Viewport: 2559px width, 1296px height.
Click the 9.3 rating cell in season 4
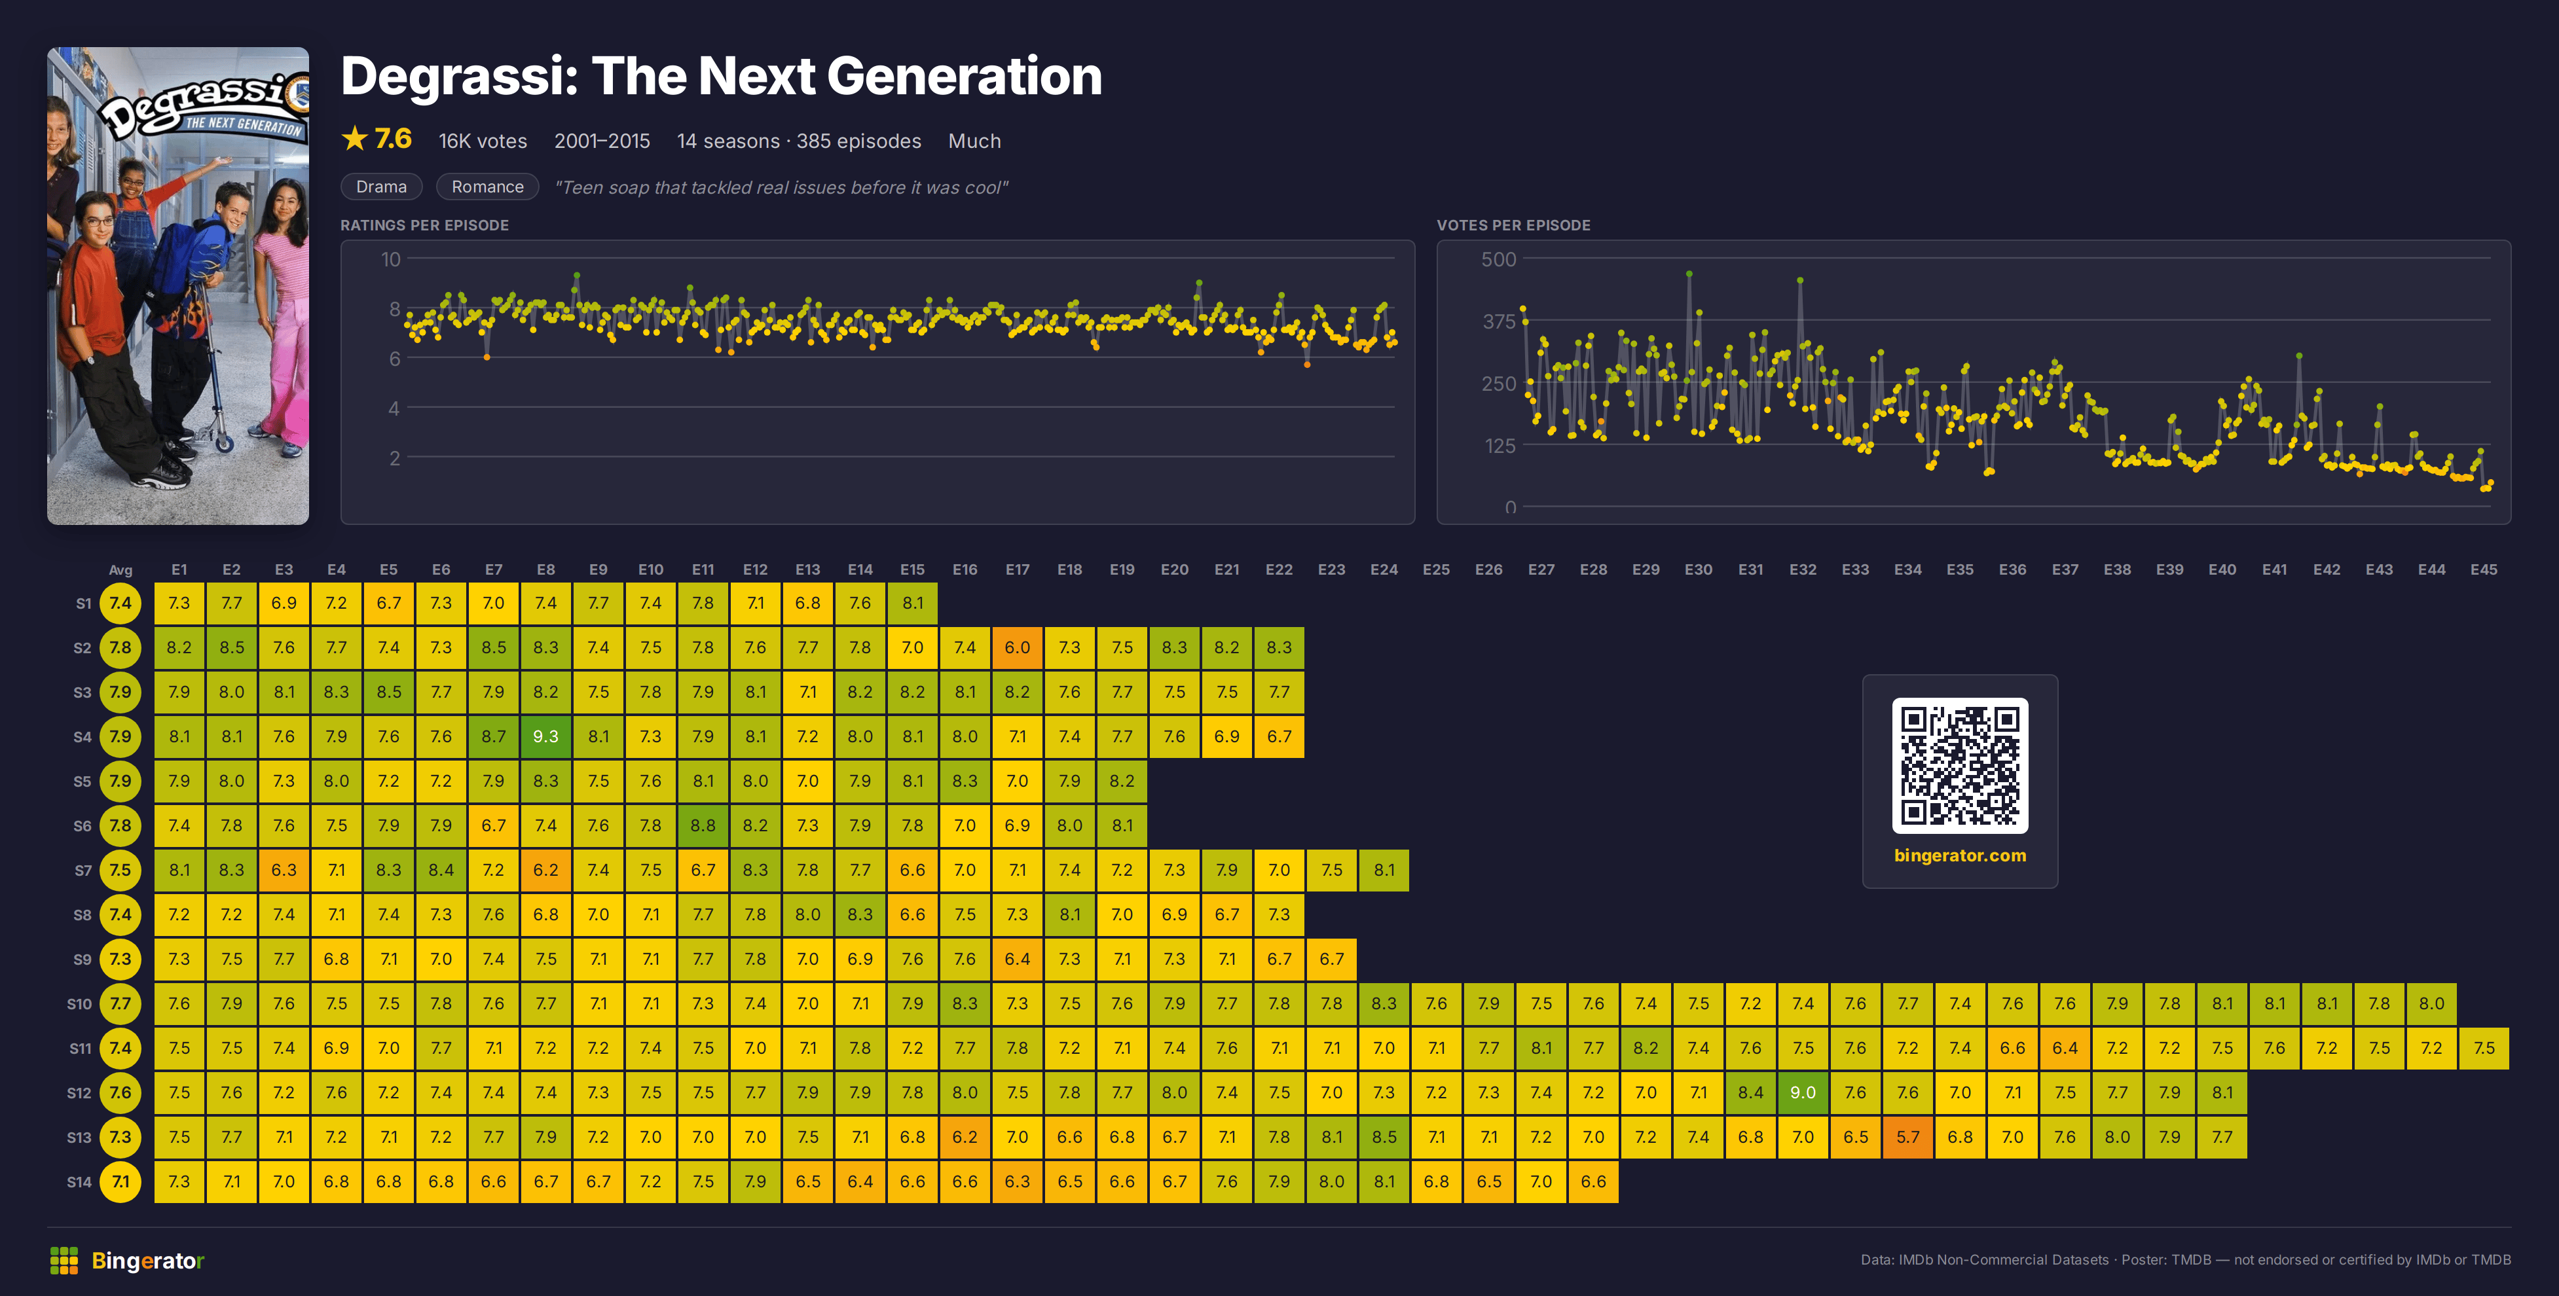pyautogui.click(x=545, y=736)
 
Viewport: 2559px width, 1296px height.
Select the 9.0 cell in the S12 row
pyautogui.click(x=1802, y=1092)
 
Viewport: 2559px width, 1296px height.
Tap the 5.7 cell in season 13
pyautogui.click(x=1907, y=1137)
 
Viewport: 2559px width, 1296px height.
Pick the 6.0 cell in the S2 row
pyautogui.click(x=1017, y=647)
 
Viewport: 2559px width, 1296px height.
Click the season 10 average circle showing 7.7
pyautogui.click(x=120, y=1003)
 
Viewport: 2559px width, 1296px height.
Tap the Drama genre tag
pyautogui.click(x=382, y=187)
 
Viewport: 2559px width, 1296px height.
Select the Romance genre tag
pyautogui.click(x=487, y=187)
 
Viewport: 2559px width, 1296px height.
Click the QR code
pyautogui.click(x=1959, y=766)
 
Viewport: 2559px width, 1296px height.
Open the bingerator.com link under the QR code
pyautogui.click(x=1959, y=855)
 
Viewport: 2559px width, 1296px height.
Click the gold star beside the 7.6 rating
pyautogui.click(x=355, y=138)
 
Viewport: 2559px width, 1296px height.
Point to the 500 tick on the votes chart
pyautogui.click(x=1498, y=259)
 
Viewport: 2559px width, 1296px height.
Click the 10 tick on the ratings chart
pyautogui.click(x=390, y=259)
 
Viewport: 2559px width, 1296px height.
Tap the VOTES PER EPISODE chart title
pyautogui.click(x=1513, y=225)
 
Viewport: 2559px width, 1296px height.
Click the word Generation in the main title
pyautogui.click(x=964, y=77)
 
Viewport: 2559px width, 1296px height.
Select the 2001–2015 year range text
pyautogui.click(x=602, y=141)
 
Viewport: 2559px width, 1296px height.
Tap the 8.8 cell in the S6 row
pyautogui.click(x=703, y=825)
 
